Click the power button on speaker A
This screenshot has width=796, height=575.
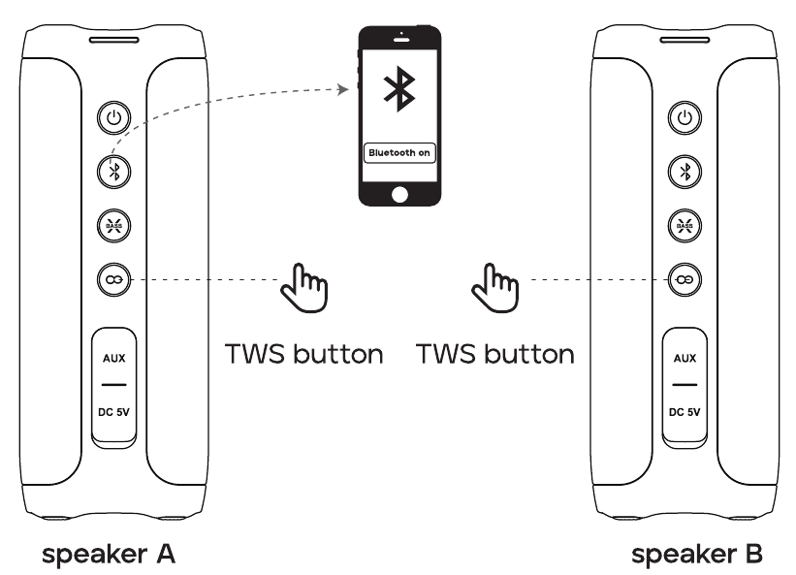click(113, 117)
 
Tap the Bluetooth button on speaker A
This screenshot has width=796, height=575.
click(113, 172)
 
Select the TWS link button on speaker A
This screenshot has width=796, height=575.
click(113, 279)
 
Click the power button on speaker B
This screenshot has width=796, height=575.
click(685, 117)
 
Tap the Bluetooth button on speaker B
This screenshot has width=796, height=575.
click(685, 172)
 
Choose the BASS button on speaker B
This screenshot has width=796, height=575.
click(685, 225)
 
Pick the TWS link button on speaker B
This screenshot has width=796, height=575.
click(685, 279)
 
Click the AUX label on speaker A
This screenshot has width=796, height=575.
click(113, 359)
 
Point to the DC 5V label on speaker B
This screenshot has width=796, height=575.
click(685, 412)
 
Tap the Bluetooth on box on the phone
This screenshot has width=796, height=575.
click(399, 153)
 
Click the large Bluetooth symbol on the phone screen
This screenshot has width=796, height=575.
click(399, 89)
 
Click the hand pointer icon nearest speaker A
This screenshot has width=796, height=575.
click(304, 287)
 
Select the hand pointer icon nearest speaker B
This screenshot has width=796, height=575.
click(495, 287)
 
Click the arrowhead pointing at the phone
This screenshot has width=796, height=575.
click(343, 89)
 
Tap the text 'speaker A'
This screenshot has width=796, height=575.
click(109, 555)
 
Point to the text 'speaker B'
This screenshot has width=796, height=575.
click(697, 555)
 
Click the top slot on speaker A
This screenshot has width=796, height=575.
click(113, 40)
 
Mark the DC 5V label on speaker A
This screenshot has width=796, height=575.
click(113, 412)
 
